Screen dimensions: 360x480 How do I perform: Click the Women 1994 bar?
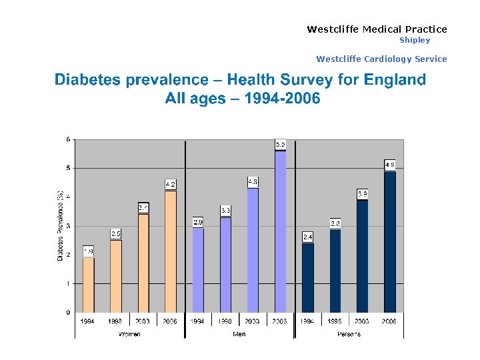click(x=89, y=285)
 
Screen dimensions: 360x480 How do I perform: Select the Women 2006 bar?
click(x=171, y=251)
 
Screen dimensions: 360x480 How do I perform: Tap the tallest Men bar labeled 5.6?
click(x=281, y=231)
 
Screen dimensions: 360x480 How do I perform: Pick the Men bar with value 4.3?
click(x=253, y=250)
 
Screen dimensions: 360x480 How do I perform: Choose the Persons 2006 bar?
click(x=390, y=241)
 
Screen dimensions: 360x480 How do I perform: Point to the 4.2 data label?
click(x=171, y=184)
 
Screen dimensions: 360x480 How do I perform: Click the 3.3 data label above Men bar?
click(x=225, y=210)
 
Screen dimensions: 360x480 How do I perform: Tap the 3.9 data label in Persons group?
click(x=363, y=194)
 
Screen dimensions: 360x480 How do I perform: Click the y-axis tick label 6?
click(x=68, y=139)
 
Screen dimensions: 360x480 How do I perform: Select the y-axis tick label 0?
click(x=68, y=313)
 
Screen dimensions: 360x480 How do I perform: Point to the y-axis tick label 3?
click(x=68, y=226)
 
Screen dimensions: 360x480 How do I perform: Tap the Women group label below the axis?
click(x=129, y=334)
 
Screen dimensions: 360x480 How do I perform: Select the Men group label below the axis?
click(x=239, y=334)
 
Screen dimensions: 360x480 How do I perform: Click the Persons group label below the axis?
click(x=349, y=334)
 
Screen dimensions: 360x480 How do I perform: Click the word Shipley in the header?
click(x=415, y=40)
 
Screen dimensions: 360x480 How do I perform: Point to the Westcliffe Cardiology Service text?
click(x=381, y=59)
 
